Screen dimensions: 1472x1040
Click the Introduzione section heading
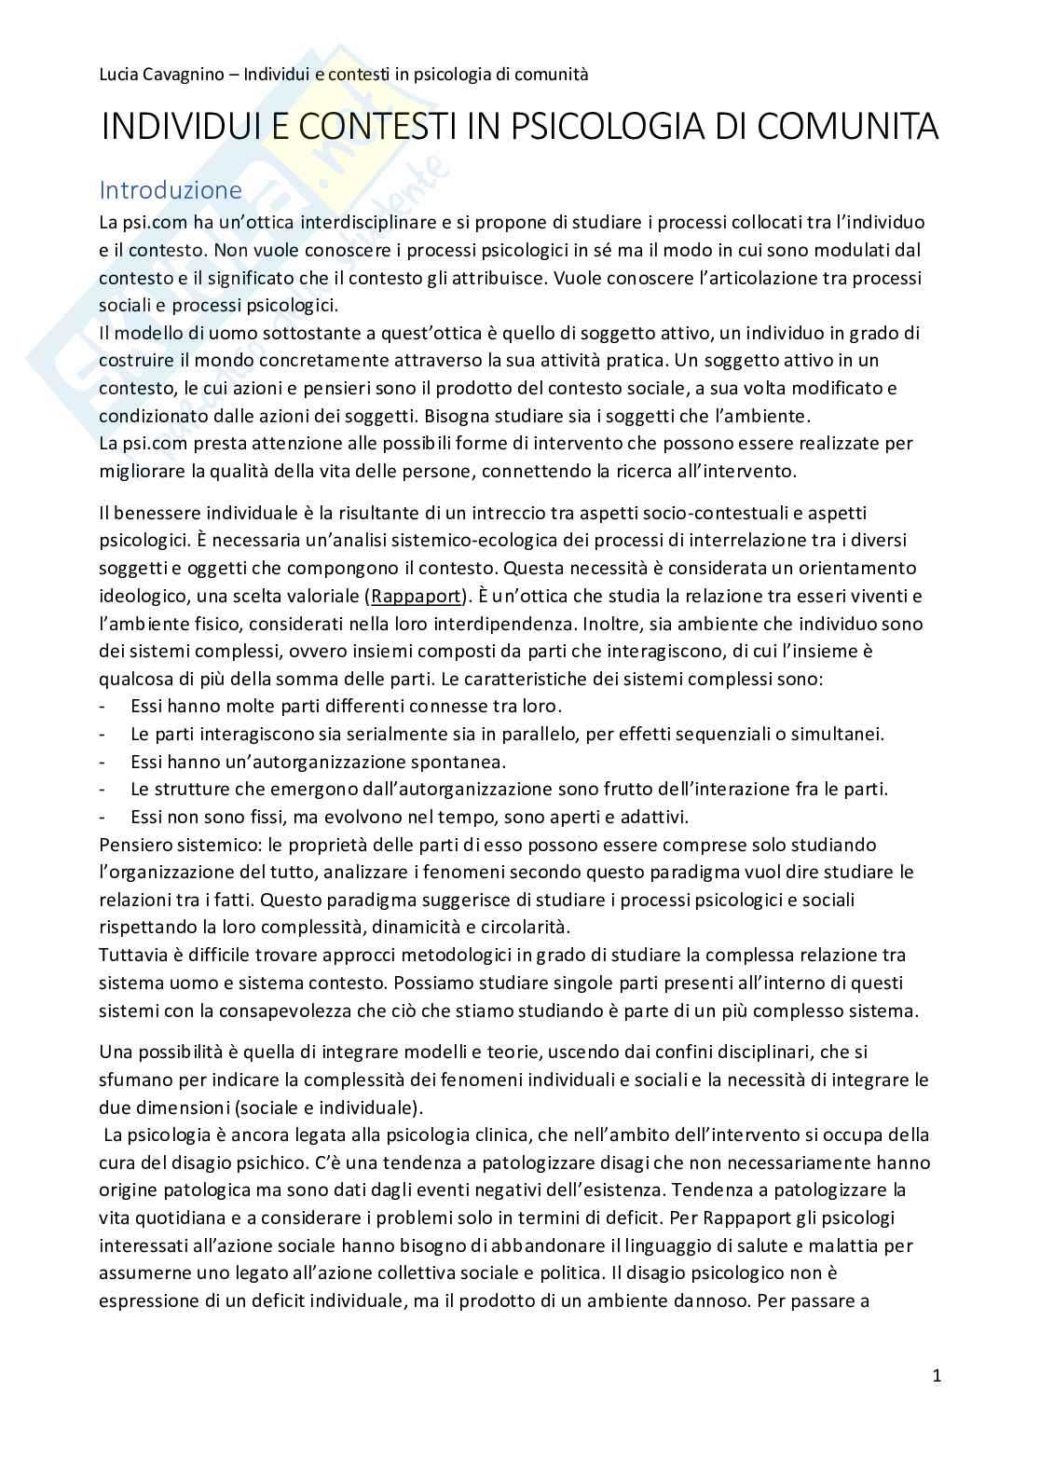click(x=171, y=190)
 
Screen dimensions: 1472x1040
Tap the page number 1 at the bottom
click(x=937, y=1375)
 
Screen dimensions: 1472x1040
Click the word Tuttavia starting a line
click(x=132, y=955)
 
